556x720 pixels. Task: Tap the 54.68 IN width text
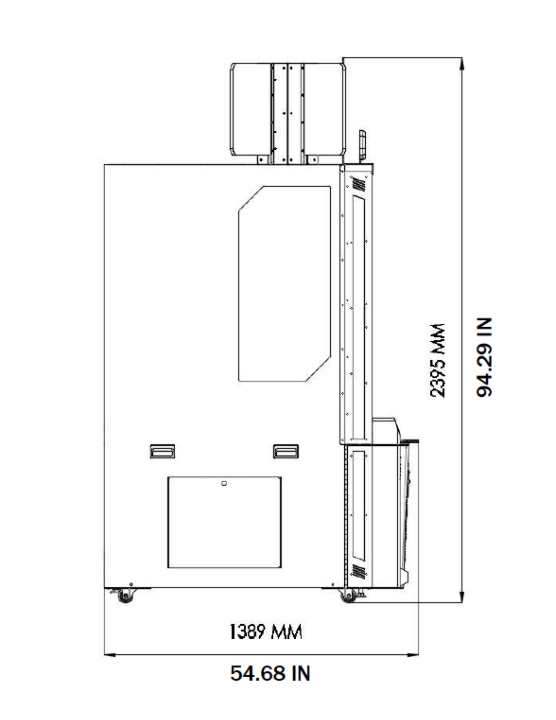click(270, 673)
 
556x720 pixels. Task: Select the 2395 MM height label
click(438, 360)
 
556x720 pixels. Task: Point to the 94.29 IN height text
click(484, 357)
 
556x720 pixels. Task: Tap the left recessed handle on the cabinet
click(163, 451)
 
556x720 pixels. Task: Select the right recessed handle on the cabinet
click(286, 451)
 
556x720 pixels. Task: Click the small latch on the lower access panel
click(224, 483)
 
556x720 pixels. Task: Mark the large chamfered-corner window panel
click(285, 284)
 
